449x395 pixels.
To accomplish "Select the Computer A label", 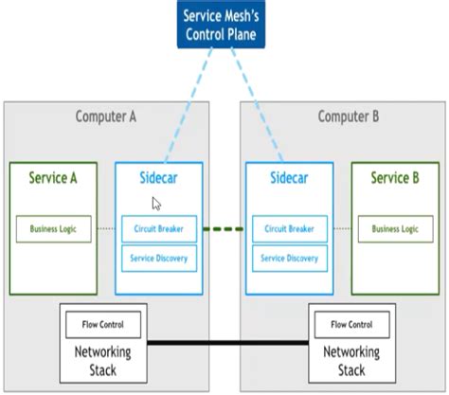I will pyautogui.click(x=105, y=117).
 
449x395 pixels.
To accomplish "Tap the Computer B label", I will pyautogui.click(x=348, y=117).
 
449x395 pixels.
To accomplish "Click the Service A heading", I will pyautogui.click(x=47, y=177).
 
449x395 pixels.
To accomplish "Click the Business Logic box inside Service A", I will pyautogui.click(x=53, y=228).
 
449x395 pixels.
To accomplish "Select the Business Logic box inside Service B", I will pyautogui.click(x=394, y=228).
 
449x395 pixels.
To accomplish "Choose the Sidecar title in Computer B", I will pyautogui.click(x=289, y=177).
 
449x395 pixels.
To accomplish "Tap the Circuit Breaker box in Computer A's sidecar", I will pyautogui.click(x=159, y=228).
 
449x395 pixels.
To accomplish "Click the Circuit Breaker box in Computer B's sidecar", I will pyautogui.click(x=290, y=228).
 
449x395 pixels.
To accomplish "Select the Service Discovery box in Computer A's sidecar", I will pyautogui.click(x=159, y=258).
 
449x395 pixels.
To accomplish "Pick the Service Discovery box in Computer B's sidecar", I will pyautogui.click(x=290, y=258).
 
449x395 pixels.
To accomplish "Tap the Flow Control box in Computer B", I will pyautogui.click(x=351, y=325).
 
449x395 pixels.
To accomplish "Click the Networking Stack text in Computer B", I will pyautogui.click(x=351, y=360).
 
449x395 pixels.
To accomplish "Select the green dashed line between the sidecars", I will pyautogui.click(x=224, y=228).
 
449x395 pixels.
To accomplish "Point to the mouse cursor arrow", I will pyautogui.click(x=156, y=203).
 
